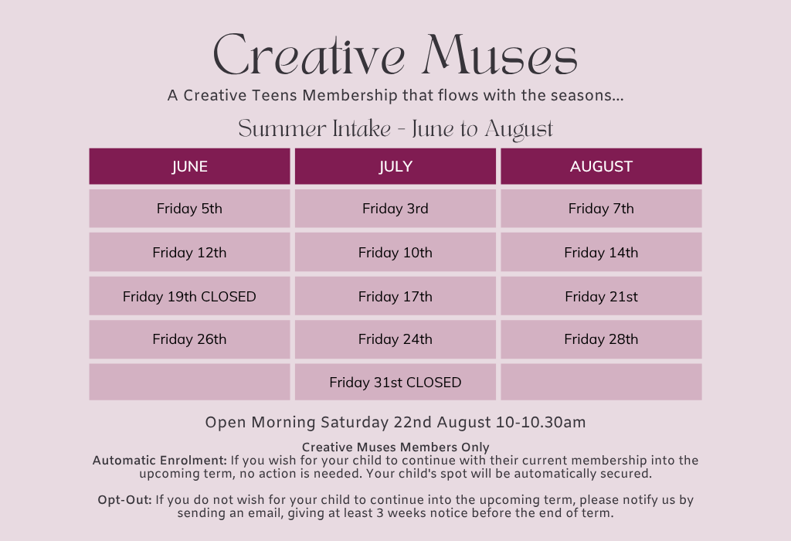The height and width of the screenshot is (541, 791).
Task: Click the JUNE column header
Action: click(190, 166)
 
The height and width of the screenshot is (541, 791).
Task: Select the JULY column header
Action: click(395, 166)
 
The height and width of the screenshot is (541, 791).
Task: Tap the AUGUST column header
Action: click(601, 166)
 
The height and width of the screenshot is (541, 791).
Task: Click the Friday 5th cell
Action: click(190, 209)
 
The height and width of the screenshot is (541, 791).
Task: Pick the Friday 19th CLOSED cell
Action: click(190, 296)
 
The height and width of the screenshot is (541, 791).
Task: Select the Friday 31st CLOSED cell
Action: click(395, 382)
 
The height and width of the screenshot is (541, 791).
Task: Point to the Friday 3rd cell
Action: click(395, 209)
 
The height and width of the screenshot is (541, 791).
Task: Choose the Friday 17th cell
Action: click(395, 296)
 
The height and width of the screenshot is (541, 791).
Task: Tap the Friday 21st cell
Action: click(601, 296)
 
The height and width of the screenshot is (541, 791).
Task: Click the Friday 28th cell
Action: click(601, 339)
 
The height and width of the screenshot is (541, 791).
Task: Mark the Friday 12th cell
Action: click(190, 252)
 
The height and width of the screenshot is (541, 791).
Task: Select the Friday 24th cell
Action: click(395, 339)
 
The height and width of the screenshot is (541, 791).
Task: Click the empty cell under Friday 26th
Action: click(190, 382)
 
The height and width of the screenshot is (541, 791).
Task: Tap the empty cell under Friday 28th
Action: click(601, 382)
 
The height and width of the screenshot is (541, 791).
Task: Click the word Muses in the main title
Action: click(500, 55)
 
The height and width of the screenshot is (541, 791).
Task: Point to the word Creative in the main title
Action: click(309, 55)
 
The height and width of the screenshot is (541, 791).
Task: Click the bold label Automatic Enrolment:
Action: click(159, 461)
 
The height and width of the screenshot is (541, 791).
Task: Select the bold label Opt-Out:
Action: click(124, 499)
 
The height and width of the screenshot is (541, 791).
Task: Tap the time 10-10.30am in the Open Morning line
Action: click(541, 422)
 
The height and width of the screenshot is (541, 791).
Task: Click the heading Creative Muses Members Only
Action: click(395, 447)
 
